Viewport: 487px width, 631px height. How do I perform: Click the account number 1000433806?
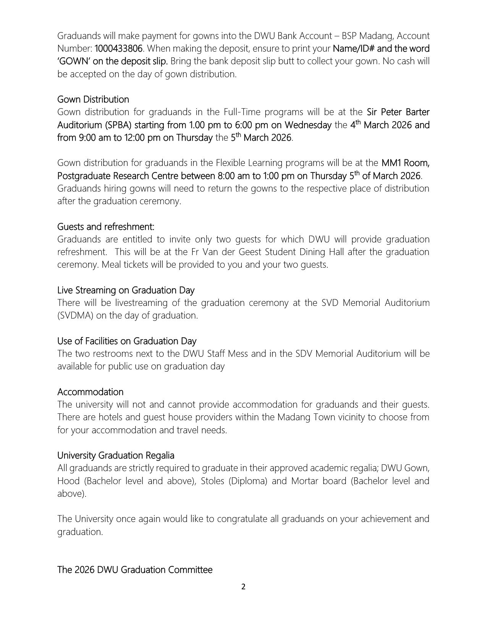click(x=118, y=49)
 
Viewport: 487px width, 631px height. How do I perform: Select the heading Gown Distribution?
click(x=93, y=99)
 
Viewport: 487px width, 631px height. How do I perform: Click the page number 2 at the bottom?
click(x=243, y=586)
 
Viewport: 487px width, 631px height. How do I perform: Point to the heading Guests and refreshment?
click(x=106, y=227)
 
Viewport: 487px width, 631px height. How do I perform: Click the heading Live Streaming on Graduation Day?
click(x=126, y=290)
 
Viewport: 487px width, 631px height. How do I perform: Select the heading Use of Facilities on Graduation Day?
click(x=126, y=341)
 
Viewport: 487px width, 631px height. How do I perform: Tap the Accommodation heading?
click(x=90, y=392)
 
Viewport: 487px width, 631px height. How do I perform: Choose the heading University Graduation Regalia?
click(x=115, y=455)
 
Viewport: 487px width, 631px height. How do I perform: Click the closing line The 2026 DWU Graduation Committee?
click(x=134, y=570)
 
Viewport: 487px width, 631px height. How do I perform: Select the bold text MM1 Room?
click(x=405, y=163)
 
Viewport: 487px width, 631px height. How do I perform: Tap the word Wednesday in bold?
click(x=308, y=125)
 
